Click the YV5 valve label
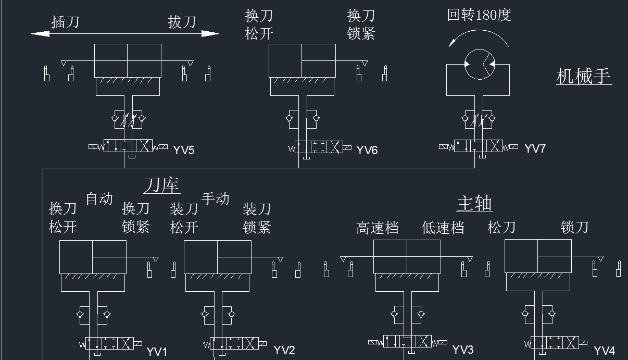coord(184,150)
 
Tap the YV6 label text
coord(367,150)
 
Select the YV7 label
coord(535,148)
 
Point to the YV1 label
coord(157,352)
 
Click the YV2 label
coord(284,350)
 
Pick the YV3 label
coord(463,350)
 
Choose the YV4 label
coord(605,351)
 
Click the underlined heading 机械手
coord(584,76)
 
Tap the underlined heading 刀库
coord(162,185)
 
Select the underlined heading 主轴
coord(474,203)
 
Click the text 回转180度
coord(479,15)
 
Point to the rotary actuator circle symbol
coord(480,49)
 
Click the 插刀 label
coord(65,22)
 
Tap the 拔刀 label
coord(182,22)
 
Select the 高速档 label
coord(378,228)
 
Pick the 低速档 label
coord(443,228)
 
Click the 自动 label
coord(99,198)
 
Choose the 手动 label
coord(215,198)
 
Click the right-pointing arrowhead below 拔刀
coord(210,34)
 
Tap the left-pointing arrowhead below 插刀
coord(40,34)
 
